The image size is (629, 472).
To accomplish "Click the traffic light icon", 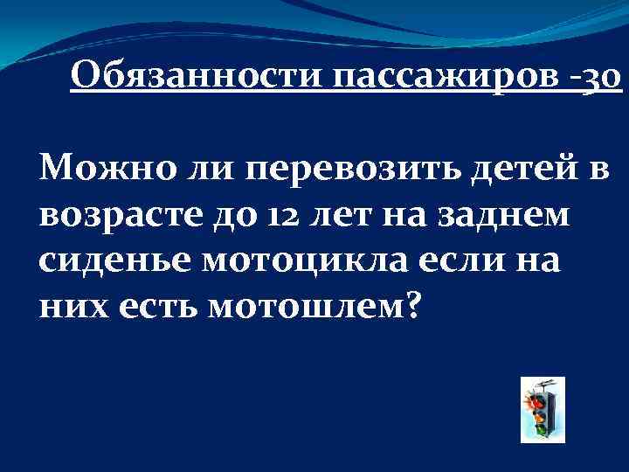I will click(542, 409).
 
